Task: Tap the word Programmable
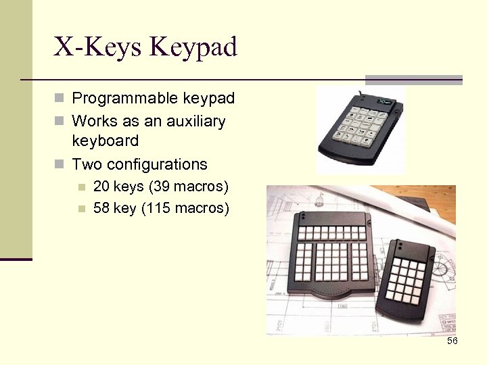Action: click(126, 99)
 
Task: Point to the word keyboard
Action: click(105, 141)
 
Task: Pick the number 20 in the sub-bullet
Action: click(101, 186)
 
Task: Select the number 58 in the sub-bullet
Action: click(101, 208)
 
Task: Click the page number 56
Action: click(453, 341)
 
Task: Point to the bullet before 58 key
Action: click(82, 208)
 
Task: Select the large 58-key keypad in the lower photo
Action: click(329, 257)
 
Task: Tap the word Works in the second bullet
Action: click(93, 122)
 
